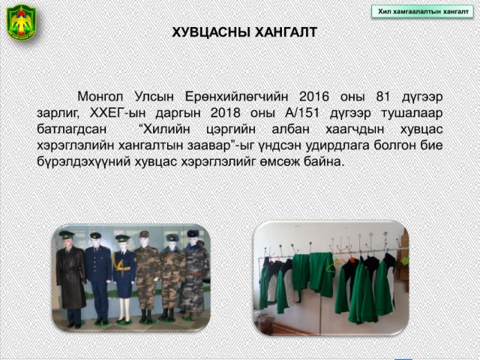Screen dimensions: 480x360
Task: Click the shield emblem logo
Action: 22,22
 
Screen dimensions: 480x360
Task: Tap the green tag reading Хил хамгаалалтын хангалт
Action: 423,12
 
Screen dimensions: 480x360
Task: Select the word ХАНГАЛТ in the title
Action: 286,32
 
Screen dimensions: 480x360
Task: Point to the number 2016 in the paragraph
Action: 313,97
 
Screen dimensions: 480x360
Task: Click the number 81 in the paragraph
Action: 383,97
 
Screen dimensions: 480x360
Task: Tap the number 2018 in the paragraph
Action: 225,113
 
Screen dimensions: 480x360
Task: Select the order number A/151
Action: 301,113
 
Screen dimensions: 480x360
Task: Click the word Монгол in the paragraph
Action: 100,97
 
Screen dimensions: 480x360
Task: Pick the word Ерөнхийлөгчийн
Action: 236,97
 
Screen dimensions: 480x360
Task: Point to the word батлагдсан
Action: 72,129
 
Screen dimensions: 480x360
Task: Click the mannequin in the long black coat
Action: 71,278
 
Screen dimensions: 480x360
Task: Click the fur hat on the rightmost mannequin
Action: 193,233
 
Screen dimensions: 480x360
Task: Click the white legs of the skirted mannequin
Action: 124,308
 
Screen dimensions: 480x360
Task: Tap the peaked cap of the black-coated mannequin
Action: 67,235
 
